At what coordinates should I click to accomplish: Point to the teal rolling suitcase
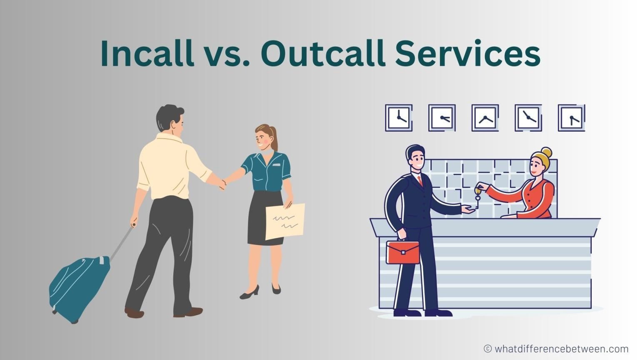(x=79, y=287)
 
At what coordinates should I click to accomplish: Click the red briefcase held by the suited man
(x=402, y=252)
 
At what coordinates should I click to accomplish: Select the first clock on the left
(x=399, y=118)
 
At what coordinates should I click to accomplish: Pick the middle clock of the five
(x=485, y=118)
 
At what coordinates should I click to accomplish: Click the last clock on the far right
(x=571, y=118)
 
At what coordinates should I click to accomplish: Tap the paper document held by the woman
(x=285, y=221)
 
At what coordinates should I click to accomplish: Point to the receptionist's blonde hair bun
(x=546, y=153)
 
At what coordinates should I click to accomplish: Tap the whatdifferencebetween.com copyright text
(x=556, y=348)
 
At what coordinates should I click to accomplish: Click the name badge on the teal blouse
(x=277, y=165)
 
